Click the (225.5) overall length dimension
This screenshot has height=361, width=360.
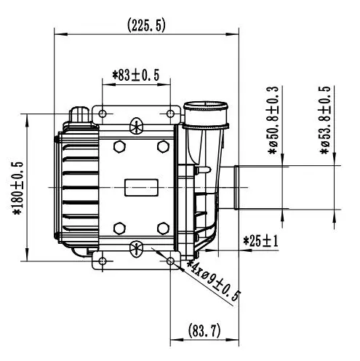coord(146,25)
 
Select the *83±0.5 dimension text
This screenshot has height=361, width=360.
coord(136,75)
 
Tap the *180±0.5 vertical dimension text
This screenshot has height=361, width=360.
coord(18,189)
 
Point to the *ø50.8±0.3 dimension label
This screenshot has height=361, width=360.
coord(273,120)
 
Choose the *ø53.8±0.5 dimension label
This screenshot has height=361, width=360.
coord(326,120)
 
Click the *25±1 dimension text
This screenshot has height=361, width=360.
coord(260,242)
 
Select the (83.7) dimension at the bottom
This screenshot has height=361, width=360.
coord(204,330)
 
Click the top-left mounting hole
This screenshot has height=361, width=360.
coord(103,114)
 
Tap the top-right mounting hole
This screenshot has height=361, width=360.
coord(170,114)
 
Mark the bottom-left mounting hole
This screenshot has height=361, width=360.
coord(103,261)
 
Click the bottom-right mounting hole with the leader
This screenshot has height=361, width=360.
coord(170,261)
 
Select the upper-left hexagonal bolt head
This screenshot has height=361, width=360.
coord(119,146)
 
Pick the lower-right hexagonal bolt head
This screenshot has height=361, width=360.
coord(163,229)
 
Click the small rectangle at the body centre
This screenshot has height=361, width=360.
coord(141,188)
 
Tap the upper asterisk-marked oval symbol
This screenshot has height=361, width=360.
coord(137,126)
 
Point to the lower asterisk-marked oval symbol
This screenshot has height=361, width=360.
coord(137,249)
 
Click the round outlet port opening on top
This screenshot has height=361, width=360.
coord(206,106)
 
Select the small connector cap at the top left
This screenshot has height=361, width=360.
coord(80,114)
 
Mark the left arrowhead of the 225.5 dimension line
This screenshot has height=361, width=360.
coord(60,34)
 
